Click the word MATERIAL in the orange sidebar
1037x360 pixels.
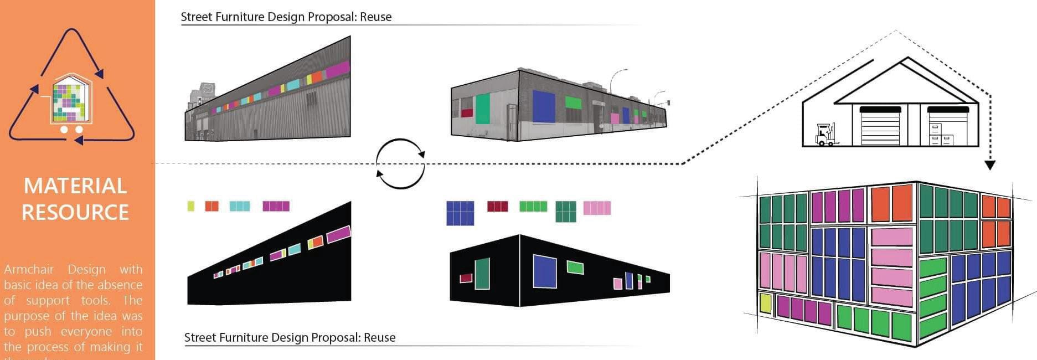(75, 186)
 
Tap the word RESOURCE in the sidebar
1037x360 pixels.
(75, 213)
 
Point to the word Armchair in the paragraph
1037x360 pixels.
(29, 270)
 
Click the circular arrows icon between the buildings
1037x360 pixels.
(400, 164)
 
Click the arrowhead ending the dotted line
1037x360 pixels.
(990, 165)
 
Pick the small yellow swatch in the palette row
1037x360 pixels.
(191, 206)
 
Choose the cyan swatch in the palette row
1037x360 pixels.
(240, 206)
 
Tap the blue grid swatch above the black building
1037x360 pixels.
(460, 213)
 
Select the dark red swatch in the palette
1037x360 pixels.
(497, 207)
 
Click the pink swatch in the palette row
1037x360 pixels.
(597, 208)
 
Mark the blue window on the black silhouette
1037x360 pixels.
(545, 271)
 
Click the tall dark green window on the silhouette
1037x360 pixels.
(482, 274)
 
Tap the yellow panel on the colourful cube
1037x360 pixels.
(766, 303)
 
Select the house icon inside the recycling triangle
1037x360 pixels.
(71, 99)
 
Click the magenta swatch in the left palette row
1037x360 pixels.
(276, 206)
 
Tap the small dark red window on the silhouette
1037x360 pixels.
(466, 277)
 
